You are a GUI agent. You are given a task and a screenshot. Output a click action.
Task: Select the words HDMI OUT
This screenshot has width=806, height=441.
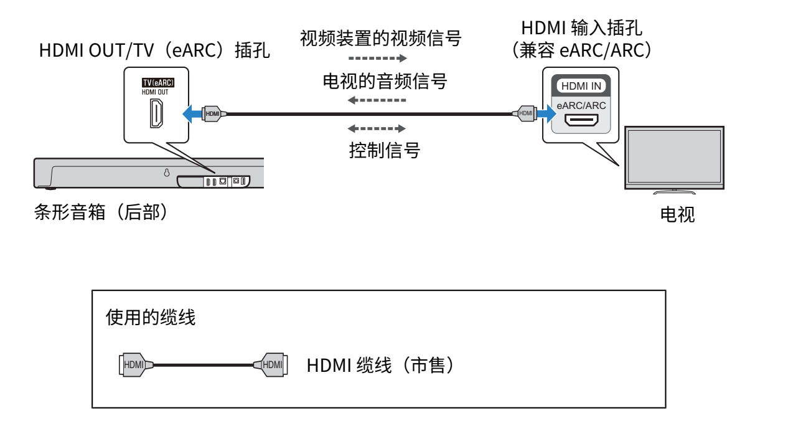point(156,92)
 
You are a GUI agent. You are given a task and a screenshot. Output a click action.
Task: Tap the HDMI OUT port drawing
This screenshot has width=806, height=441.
point(157,114)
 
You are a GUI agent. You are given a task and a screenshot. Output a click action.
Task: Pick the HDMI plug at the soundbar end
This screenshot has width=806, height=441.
point(212,113)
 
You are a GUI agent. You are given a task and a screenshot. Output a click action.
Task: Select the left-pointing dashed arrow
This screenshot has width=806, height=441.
point(377,100)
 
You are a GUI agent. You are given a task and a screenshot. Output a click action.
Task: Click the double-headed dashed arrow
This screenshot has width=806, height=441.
point(377,129)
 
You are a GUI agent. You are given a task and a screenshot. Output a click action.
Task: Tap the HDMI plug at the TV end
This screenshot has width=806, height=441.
point(525,113)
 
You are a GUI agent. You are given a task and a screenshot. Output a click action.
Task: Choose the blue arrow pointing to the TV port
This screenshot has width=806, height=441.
point(546,113)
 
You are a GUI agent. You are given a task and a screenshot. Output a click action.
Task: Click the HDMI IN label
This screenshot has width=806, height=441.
point(581,86)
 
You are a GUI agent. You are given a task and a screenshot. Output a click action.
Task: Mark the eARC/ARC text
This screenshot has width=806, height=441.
point(581,106)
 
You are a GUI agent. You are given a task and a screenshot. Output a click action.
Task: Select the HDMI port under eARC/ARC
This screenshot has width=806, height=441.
point(581,120)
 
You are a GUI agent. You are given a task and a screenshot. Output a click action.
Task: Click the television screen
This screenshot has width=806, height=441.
point(675,156)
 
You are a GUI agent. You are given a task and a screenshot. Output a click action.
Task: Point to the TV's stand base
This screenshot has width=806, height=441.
point(675,192)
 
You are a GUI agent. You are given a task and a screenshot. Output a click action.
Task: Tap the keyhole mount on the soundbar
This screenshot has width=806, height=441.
point(167,173)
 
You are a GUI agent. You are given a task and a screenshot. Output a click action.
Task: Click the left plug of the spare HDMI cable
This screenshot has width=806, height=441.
point(133,364)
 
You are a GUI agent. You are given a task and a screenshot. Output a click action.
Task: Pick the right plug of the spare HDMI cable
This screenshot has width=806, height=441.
point(273,364)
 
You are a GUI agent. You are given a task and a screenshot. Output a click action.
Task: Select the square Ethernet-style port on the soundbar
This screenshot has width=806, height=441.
point(222,181)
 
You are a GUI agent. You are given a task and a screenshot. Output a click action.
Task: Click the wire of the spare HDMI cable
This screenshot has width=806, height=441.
point(203,365)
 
